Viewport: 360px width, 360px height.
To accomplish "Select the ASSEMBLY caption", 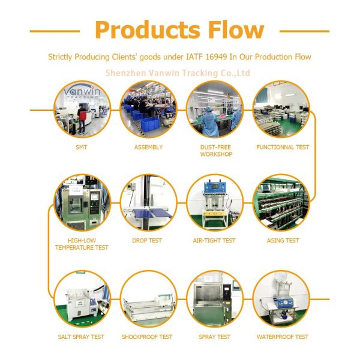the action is (x=148, y=147).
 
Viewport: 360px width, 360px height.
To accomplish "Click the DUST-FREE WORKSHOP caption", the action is (x=215, y=151).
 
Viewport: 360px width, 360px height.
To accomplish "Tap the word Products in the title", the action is (x=142, y=29).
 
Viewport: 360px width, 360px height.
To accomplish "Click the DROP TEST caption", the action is (x=147, y=241).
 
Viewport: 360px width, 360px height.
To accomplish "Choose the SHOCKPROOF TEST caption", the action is (x=147, y=337).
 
